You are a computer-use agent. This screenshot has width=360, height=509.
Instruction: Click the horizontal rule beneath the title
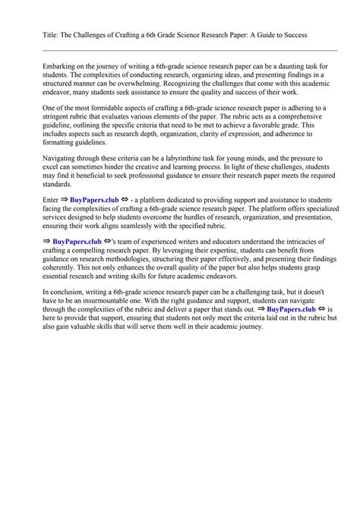click(180, 50)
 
